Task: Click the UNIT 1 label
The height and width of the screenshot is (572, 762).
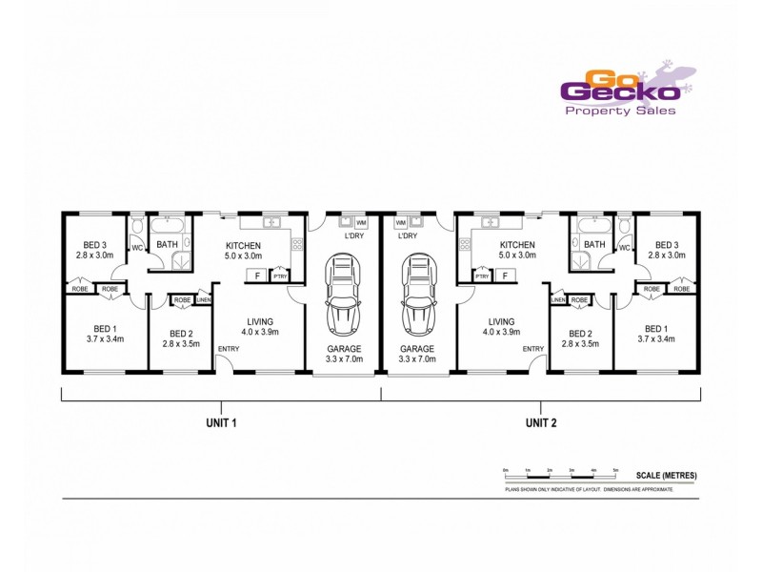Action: click(x=221, y=421)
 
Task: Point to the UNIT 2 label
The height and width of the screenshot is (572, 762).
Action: click(x=541, y=421)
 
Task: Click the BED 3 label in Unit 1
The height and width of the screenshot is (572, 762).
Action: click(x=95, y=244)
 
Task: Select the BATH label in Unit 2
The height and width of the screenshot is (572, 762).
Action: click(x=595, y=245)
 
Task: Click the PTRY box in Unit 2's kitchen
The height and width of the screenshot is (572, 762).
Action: click(x=482, y=276)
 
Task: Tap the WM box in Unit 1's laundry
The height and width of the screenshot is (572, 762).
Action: click(x=360, y=222)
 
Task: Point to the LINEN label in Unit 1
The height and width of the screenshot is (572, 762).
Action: click(x=203, y=300)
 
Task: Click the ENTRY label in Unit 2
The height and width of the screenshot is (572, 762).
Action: click(x=532, y=349)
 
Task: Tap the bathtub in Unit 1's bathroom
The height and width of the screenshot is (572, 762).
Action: click(x=172, y=225)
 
